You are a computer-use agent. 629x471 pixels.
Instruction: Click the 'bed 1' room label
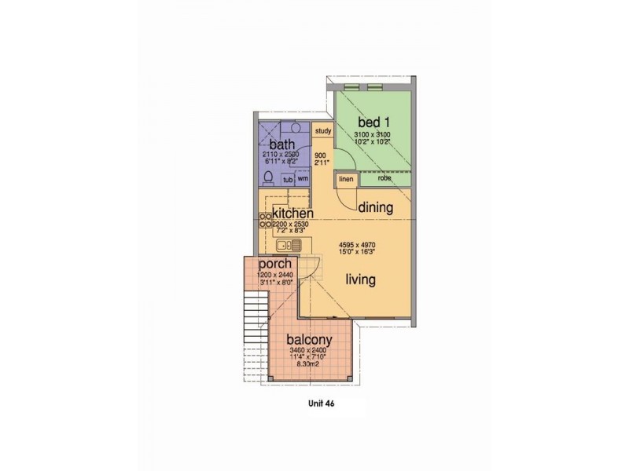click(373, 123)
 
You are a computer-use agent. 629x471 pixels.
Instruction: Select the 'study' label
click(322, 131)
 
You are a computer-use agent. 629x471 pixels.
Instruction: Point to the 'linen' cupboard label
click(345, 179)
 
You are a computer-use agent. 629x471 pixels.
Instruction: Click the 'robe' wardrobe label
click(384, 178)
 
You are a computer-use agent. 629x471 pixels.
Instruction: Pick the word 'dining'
click(376, 207)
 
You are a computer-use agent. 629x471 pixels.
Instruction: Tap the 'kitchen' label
click(292, 213)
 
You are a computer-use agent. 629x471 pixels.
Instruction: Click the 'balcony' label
click(307, 340)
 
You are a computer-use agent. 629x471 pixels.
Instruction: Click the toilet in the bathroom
click(268, 177)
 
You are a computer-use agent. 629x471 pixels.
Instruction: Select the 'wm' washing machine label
click(303, 178)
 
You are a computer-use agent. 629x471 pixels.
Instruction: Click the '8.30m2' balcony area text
click(307, 365)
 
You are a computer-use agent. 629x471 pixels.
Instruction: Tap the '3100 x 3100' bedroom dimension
click(373, 135)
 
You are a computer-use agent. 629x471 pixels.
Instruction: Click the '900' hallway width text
click(319, 155)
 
